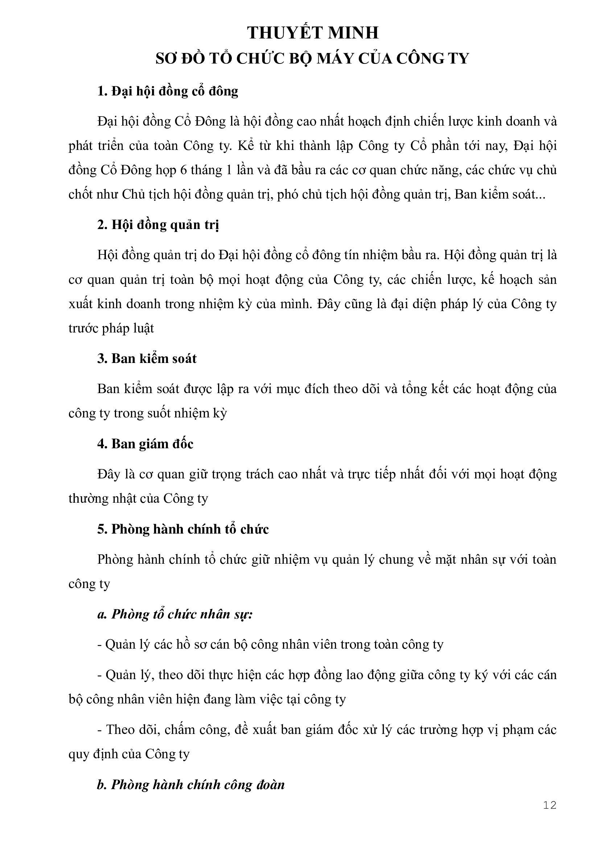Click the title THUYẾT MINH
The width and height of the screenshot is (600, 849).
tap(313, 33)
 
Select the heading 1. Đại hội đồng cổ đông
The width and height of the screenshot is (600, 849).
tap(167, 91)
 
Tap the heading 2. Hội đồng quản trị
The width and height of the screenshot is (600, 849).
tap(158, 225)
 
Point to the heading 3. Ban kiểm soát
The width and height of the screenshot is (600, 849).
tap(147, 358)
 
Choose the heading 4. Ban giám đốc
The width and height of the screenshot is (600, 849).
tap(145, 444)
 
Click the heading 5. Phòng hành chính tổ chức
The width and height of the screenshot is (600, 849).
tap(183, 529)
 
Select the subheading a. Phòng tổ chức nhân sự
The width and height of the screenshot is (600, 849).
tap(175, 614)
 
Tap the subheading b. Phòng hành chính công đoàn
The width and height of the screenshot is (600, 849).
tap(191, 785)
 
